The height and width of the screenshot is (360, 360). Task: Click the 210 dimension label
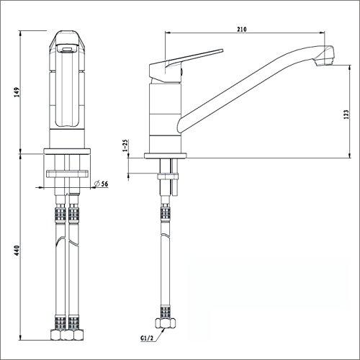click(242, 30)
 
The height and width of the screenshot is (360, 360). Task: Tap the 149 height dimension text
click(17, 92)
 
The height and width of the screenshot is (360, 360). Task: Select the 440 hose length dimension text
click(17, 251)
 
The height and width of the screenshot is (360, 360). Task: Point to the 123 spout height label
click(346, 114)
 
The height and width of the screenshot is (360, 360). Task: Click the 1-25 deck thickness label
click(125, 145)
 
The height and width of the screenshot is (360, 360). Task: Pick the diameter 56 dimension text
click(101, 184)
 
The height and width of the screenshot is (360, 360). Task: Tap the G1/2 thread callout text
click(147, 338)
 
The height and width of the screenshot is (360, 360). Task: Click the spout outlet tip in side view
click(325, 58)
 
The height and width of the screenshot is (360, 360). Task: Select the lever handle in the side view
click(182, 65)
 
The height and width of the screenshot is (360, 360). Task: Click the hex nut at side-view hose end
click(166, 323)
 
